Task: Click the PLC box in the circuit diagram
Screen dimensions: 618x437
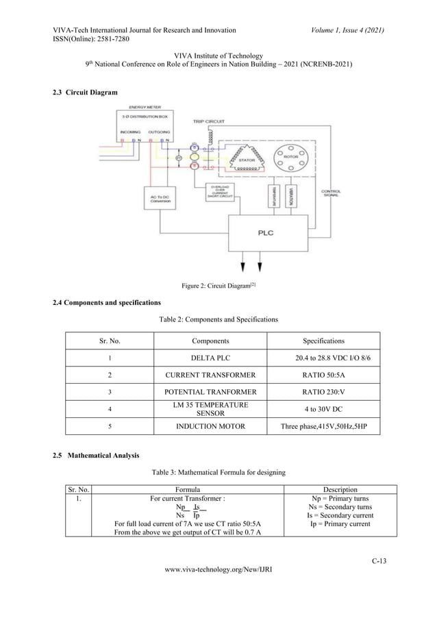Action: tap(265, 233)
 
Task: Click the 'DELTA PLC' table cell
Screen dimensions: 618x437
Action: tap(210, 358)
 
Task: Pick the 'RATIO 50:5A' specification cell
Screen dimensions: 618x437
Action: tap(323, 375)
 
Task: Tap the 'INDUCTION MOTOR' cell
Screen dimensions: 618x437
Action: tap(210, 426)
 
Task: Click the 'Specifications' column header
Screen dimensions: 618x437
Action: tap(323, 341)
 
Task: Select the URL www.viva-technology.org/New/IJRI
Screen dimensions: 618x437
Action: tap(218, 588)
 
